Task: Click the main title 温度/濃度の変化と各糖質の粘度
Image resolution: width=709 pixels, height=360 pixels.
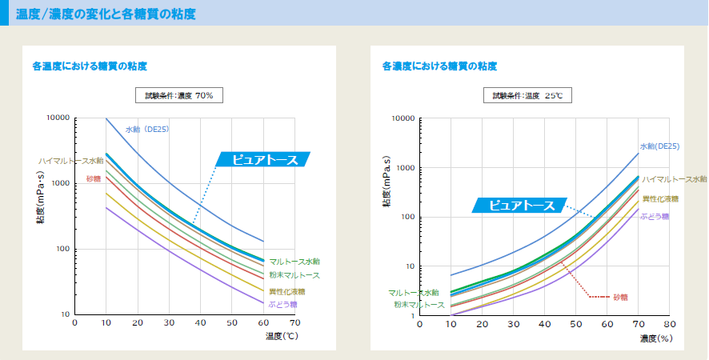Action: [116, 14]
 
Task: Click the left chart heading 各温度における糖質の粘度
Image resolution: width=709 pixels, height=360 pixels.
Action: [90, 66]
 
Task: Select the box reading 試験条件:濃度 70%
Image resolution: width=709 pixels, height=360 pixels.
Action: [178, 95]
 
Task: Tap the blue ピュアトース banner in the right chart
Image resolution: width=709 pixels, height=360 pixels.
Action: [521, 206]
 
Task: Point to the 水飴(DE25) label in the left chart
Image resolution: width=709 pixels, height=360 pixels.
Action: [147, 129]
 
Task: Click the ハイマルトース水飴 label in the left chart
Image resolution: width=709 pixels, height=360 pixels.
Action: [70, 161]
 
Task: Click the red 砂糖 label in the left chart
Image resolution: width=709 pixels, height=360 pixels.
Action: [94, 178]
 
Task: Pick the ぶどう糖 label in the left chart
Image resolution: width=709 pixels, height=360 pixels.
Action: [282, 304]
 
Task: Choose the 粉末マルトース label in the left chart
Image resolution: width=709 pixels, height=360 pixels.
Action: [294, 275]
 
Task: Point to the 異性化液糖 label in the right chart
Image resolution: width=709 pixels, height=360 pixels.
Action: [660, 198]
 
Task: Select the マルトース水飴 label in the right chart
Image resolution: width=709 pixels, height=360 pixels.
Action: [414, 293]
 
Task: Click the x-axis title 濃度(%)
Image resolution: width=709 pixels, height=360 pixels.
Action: [655, 339]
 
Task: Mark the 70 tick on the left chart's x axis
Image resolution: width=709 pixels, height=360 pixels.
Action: [294, 322]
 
